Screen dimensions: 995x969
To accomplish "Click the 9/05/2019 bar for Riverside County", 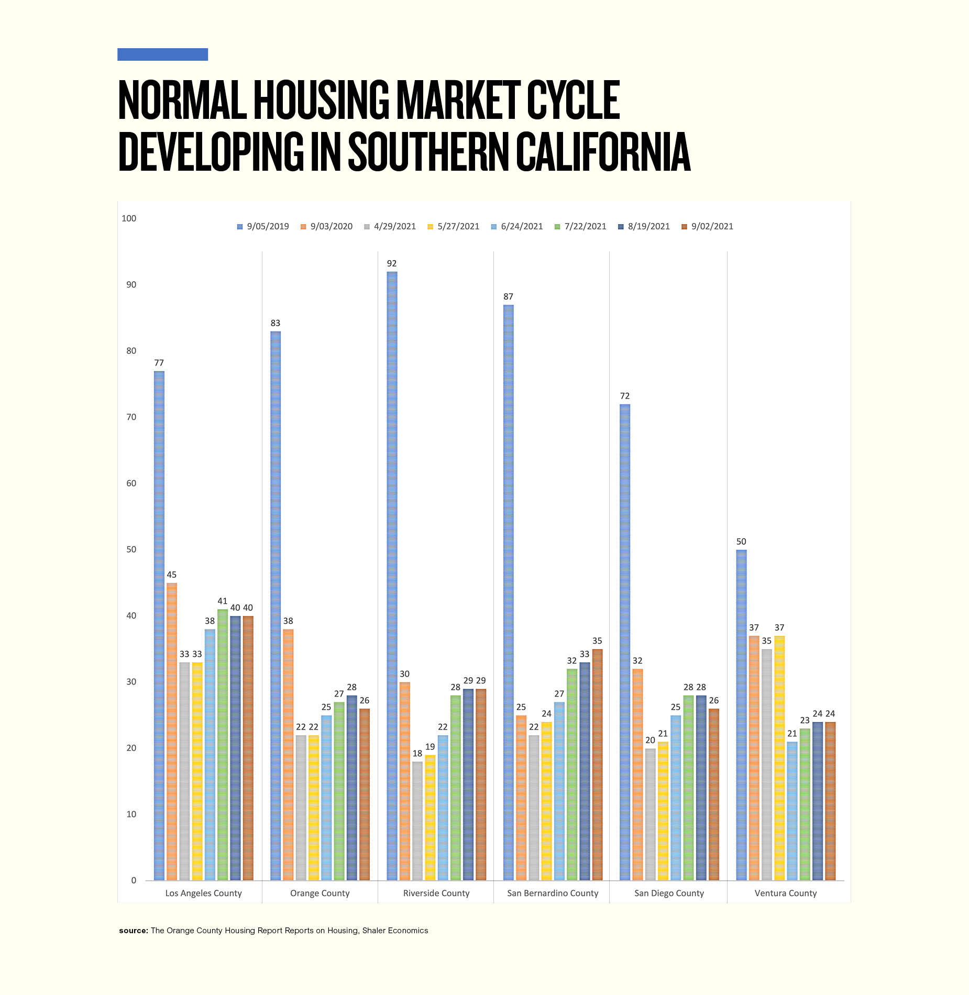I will click(x=392, y=576).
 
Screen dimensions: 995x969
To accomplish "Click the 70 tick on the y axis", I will click(x=131, y=417).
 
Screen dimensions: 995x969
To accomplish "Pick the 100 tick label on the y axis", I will click(x=129, y=218).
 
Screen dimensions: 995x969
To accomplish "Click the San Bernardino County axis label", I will click(x=552, y=893).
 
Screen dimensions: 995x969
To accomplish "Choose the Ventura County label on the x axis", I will click(x=785, y=893).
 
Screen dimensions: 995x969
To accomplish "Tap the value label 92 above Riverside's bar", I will click(x=392, y=263).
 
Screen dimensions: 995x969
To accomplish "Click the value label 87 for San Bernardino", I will click(x=508, y=297).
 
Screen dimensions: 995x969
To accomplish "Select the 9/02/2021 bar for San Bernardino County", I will click(x=597, y=765).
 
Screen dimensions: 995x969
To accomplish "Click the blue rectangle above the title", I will click(x=162, y=54).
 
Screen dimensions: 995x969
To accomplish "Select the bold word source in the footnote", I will click(x=134, y=931).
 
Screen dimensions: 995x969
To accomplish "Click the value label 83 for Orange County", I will click(x=276, y=323).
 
